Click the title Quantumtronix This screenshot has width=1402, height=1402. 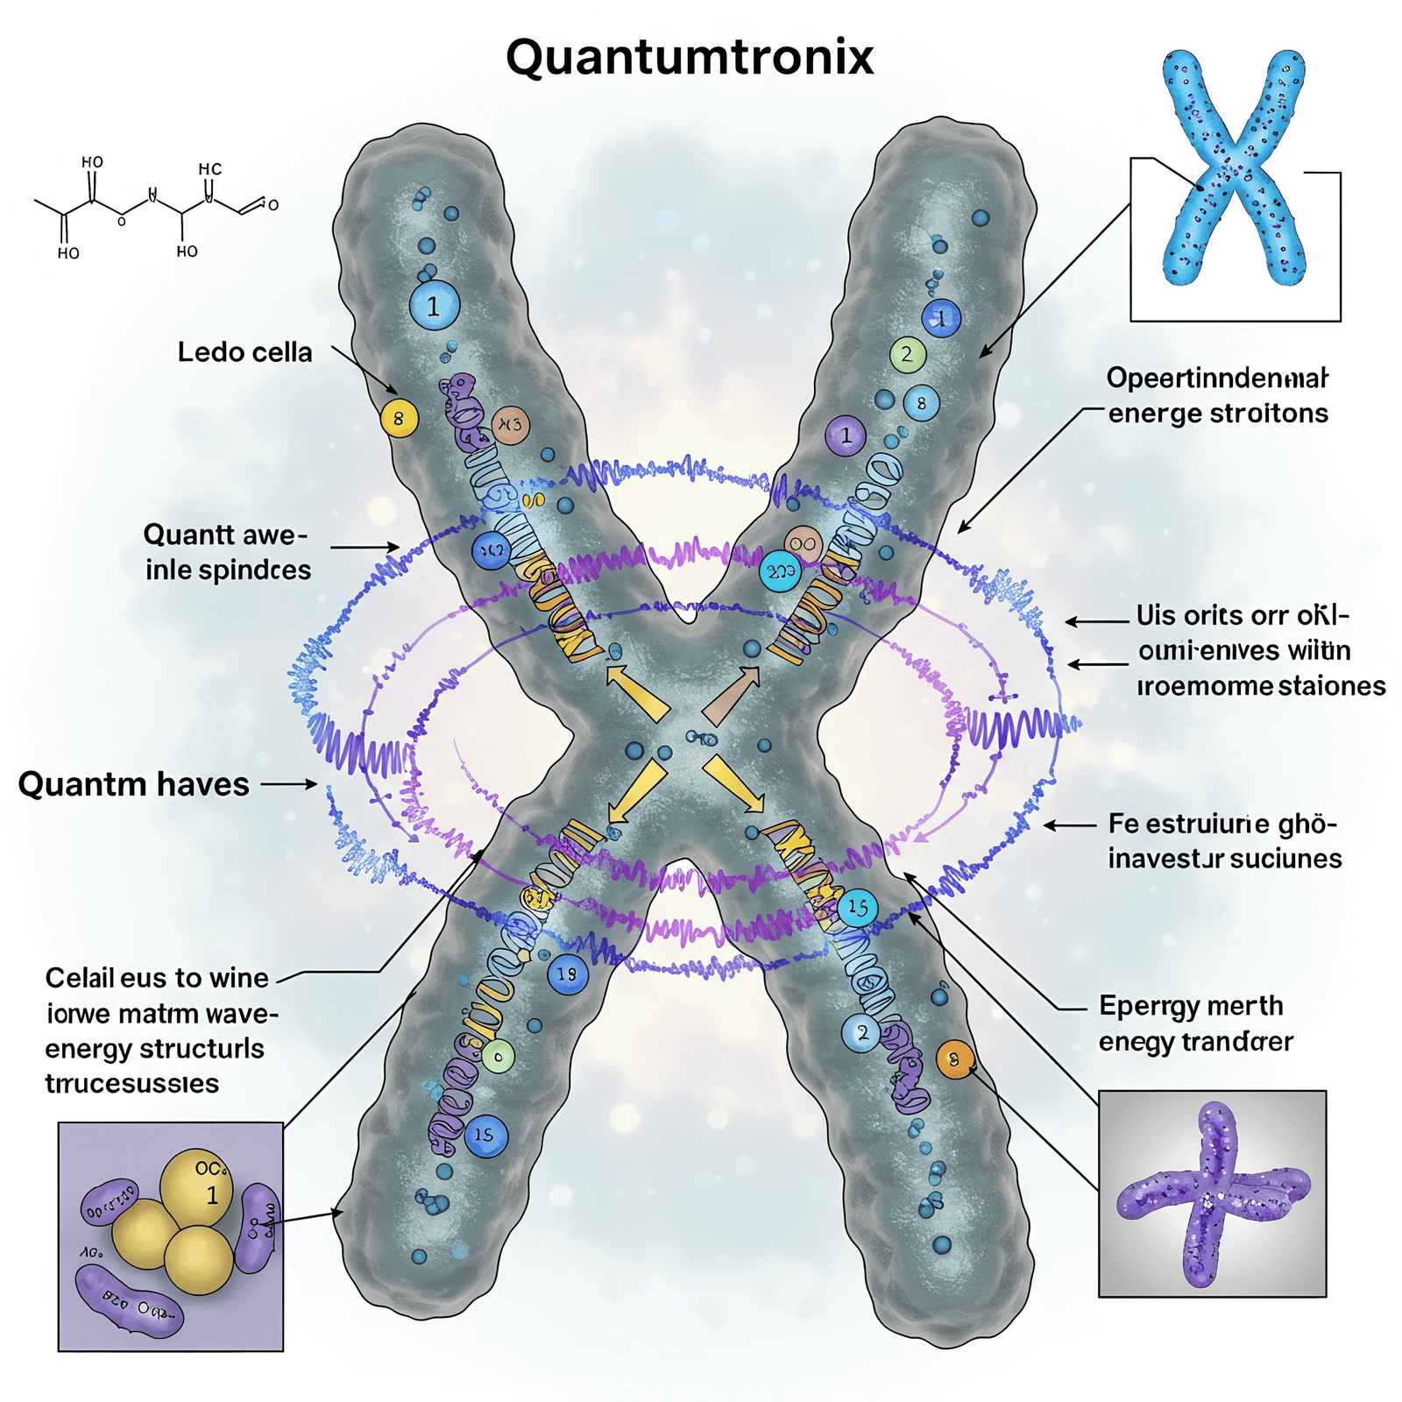[690, 58]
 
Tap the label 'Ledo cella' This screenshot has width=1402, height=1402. [244, 352]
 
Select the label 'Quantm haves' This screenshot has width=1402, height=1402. [134, 783]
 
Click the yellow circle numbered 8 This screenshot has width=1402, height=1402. [399, 419]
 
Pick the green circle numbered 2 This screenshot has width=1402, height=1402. [907, 355]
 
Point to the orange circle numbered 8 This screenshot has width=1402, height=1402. [954, 1059]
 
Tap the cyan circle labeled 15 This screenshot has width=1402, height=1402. [858, 907]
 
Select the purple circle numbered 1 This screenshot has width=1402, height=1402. [846, 435]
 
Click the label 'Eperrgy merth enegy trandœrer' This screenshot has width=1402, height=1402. [1195, 1023]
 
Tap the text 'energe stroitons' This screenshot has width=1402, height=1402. [1218, 413]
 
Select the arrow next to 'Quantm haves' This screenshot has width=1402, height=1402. [289, 783]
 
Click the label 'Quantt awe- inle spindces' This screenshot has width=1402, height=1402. [227, 552]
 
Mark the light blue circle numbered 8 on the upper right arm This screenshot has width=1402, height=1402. [921, 404]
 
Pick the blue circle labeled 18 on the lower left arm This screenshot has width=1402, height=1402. [567, 974]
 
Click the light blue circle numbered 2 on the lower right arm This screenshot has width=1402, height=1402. [861, 1033]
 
